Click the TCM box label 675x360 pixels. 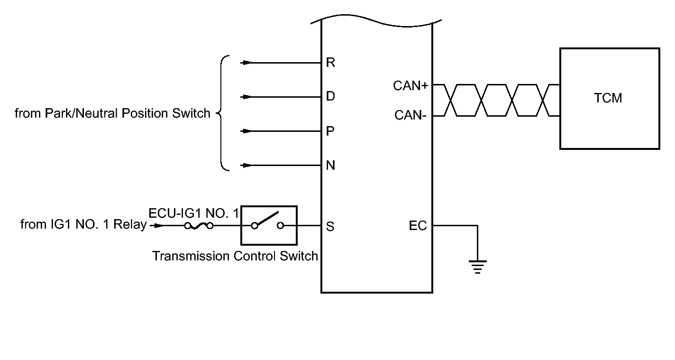click(x=608, y=98)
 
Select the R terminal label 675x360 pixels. click(x=330, y=63)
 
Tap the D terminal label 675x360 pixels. click(x=330, y=96)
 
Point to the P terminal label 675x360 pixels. click(x=330, y=131)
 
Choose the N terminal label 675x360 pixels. click(x=330, y=165)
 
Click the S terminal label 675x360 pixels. click(x=330, y=226)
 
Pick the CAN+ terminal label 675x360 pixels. click(x=410, y=86)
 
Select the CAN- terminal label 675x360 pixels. click(x=410, y=115)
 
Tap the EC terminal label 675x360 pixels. click(x=418, y=225)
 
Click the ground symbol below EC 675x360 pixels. click(x=478, y=267)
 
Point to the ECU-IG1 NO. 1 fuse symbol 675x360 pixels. click(x=199, y=226)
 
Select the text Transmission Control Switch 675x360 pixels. click(x=235, y=256)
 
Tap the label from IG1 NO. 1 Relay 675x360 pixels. click(x=83, y=224)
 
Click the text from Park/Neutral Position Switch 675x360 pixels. click(x=112, y=113)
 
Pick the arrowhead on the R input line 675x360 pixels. click(x=247, y=63)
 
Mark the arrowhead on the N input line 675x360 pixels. click(x=247, y=165)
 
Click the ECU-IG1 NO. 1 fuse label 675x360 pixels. click(x=194, y=213)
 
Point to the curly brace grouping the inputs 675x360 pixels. click(x=221, y=113)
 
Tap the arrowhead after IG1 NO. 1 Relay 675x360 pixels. click(x=157, y=225)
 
